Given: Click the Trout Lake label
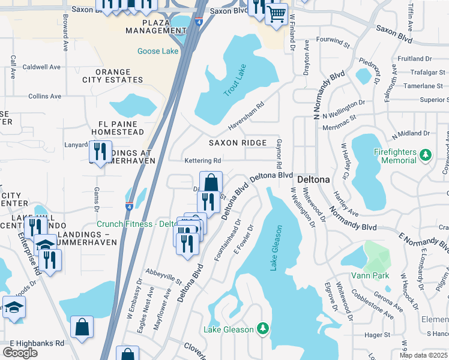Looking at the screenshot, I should (235, 84).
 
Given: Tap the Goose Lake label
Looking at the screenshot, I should (158, 52).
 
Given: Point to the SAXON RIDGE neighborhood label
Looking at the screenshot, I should (237, 143).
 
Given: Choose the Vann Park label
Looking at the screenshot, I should (371, 276).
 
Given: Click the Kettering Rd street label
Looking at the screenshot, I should (203, 161).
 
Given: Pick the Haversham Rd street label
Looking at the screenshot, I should (246, 118).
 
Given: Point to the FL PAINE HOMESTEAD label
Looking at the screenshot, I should (117, 127).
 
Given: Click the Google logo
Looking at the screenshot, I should (20, 352).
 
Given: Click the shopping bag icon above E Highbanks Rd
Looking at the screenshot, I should (82, 328).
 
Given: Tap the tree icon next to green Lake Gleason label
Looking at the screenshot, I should (262, 329).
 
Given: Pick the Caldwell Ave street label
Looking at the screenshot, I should (41, 67).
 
